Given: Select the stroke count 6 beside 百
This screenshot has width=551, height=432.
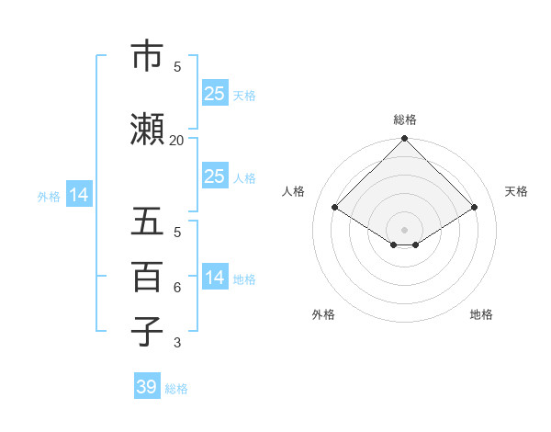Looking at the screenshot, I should coord(177,288).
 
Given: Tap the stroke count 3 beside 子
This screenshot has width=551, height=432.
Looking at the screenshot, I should coord(177,343).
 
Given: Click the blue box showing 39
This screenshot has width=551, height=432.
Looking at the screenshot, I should coord(147,387).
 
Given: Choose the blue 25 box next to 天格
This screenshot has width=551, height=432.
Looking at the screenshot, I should coord(214,93).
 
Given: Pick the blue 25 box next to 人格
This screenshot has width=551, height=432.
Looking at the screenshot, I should coord(214,176).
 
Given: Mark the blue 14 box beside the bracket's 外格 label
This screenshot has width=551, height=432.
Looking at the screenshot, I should coord(79,195).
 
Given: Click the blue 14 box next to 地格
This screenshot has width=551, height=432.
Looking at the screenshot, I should coord(214,278).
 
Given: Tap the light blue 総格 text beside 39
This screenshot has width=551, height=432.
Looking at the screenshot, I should coord(176,389).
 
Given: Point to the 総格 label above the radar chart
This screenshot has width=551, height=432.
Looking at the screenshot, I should coord(405,119).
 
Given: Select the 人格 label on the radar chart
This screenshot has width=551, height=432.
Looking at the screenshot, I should coord(294,191).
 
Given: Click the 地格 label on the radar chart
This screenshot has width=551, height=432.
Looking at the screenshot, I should coord(481,315).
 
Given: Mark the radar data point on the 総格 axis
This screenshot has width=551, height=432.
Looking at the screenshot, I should coord(405,139).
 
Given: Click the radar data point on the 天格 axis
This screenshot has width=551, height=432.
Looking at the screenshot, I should coord(475,208).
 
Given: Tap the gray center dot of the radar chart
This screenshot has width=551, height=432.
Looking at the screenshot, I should coord(405,228).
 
